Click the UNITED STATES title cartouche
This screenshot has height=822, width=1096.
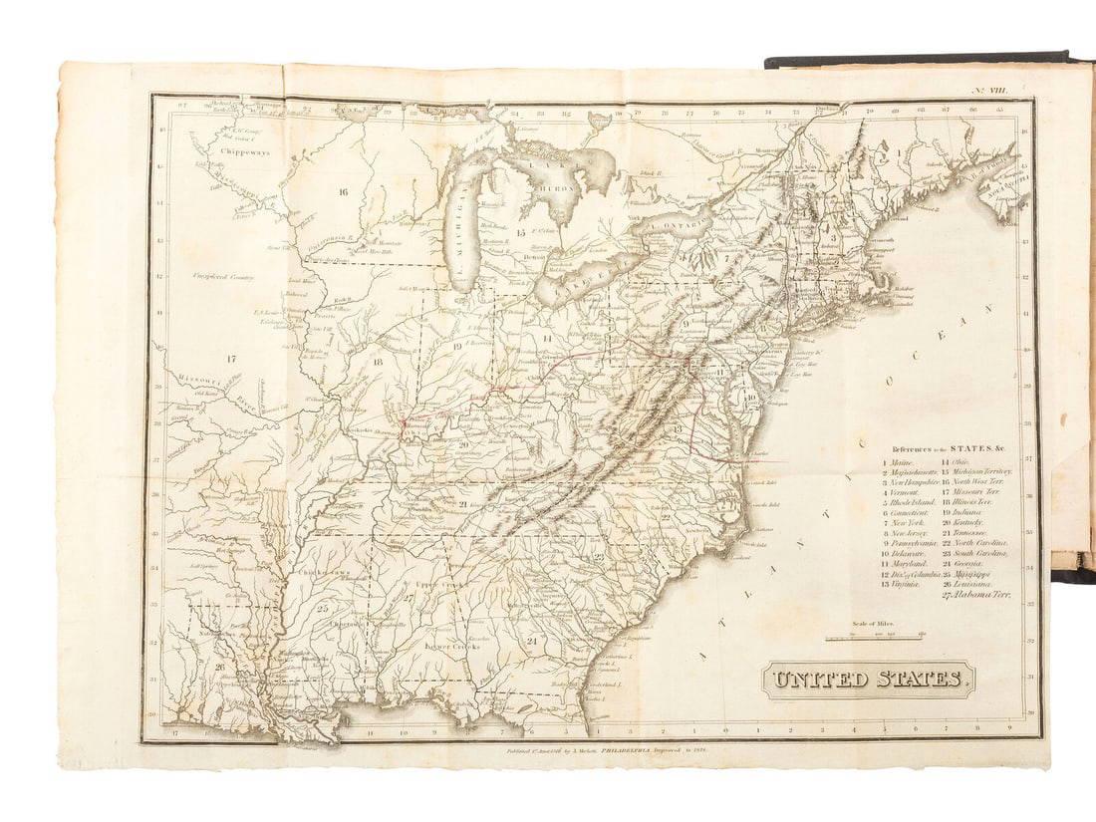tap(868, 681)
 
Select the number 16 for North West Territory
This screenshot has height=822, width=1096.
tap(342, 191)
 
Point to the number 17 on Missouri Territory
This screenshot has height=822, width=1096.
tap(230, 358)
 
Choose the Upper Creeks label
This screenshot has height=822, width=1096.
tap(439, 582)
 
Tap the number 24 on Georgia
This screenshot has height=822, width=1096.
tap(531, 641)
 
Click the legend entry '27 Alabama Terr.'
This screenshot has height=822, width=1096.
tap(975, 595)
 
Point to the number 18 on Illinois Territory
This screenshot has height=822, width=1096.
tap(378, 363)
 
